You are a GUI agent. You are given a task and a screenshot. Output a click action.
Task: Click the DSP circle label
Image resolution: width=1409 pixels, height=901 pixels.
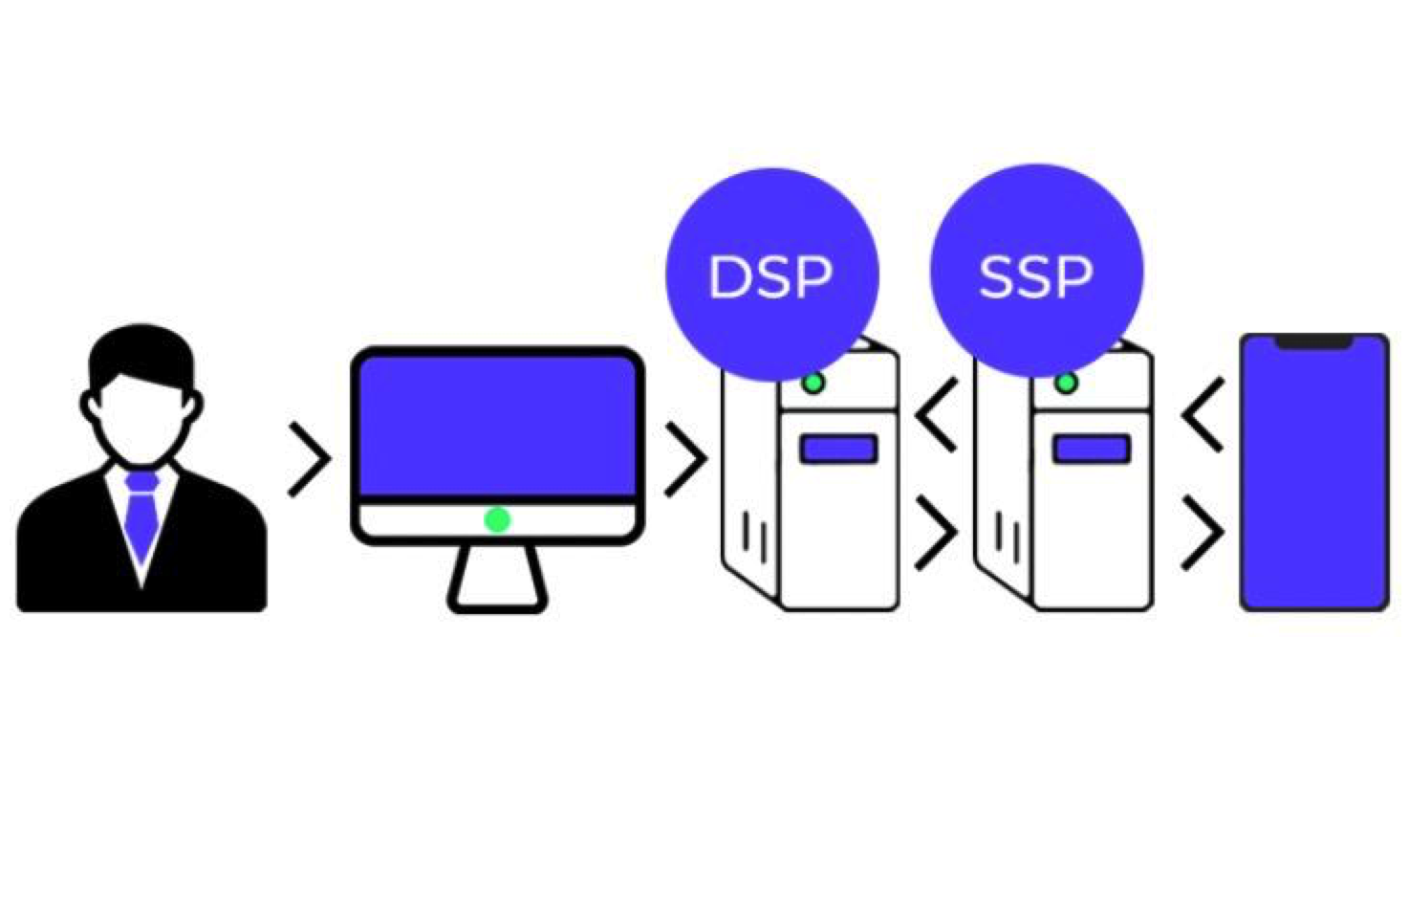[x=770, y=276]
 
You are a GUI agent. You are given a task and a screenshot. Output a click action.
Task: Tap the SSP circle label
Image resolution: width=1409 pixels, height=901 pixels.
[x=1035, y=276]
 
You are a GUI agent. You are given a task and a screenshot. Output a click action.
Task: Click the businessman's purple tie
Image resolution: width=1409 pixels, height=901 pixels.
[x=141, y=516]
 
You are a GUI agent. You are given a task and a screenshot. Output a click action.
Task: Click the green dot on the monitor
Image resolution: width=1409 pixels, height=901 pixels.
[x=497, y=519]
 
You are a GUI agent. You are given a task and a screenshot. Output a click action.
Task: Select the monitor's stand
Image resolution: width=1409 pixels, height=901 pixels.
[x=497, y=579]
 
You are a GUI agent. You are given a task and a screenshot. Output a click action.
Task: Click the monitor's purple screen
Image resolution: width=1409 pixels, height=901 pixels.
[x=497, y=426]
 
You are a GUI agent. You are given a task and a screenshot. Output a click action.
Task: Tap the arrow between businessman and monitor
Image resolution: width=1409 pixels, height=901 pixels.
[x=309, y=459]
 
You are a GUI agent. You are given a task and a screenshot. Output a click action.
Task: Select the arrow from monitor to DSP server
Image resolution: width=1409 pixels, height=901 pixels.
[x=685, y=459]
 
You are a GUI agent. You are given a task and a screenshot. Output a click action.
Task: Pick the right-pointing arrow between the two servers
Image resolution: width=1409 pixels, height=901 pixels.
[x=936, y=532]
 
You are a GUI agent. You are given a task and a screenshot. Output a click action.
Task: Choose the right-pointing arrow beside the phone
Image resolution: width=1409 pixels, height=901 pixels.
[x=1202, y=532]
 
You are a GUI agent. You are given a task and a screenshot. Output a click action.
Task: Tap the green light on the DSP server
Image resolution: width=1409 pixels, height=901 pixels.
[x=813, y=384]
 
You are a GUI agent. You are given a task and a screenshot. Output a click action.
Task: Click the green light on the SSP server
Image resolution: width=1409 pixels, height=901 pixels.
[x=1067, y=384]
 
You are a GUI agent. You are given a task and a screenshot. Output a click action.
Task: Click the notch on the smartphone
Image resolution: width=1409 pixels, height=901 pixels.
[x=1313, y=341]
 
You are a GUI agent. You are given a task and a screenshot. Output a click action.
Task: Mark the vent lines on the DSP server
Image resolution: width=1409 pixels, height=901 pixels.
[x=755, y=538]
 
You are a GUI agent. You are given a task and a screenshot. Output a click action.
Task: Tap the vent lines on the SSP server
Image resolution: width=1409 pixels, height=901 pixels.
[x=1008, y=538]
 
